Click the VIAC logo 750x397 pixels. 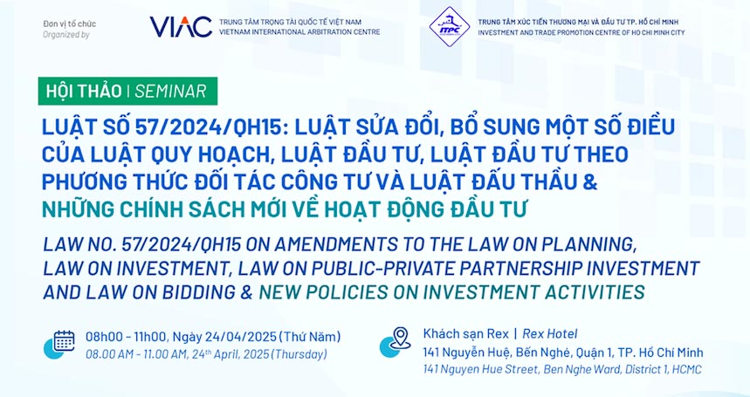point(181,27)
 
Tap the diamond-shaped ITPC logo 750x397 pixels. point(449,26)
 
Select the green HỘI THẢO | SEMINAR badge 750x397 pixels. point(127,91)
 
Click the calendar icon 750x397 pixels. point(64,341)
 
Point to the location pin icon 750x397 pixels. point(400,339)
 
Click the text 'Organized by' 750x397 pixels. point(66,34)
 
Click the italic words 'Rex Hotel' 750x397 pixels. point(549,333)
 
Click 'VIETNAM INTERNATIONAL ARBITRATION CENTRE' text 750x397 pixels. point(299,32)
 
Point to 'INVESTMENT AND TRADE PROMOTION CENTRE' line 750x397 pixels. point(581,32)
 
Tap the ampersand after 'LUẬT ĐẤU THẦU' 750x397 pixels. point(589,181)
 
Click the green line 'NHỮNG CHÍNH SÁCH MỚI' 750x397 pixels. point(284,209)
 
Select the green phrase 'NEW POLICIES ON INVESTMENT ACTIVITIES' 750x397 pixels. point(451,291)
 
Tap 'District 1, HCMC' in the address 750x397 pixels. point(661,369)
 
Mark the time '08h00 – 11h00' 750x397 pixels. point(127,336)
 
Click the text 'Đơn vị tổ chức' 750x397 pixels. point(69,24)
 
